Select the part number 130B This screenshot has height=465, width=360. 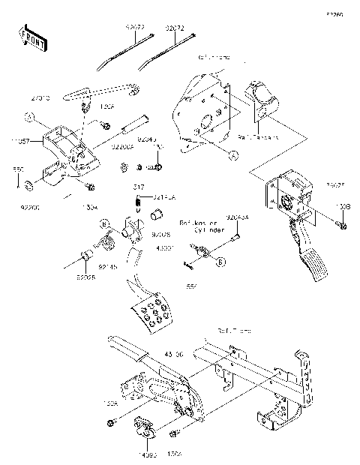click(x=342, y=205)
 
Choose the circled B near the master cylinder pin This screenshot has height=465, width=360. click(x=220, y=261)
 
